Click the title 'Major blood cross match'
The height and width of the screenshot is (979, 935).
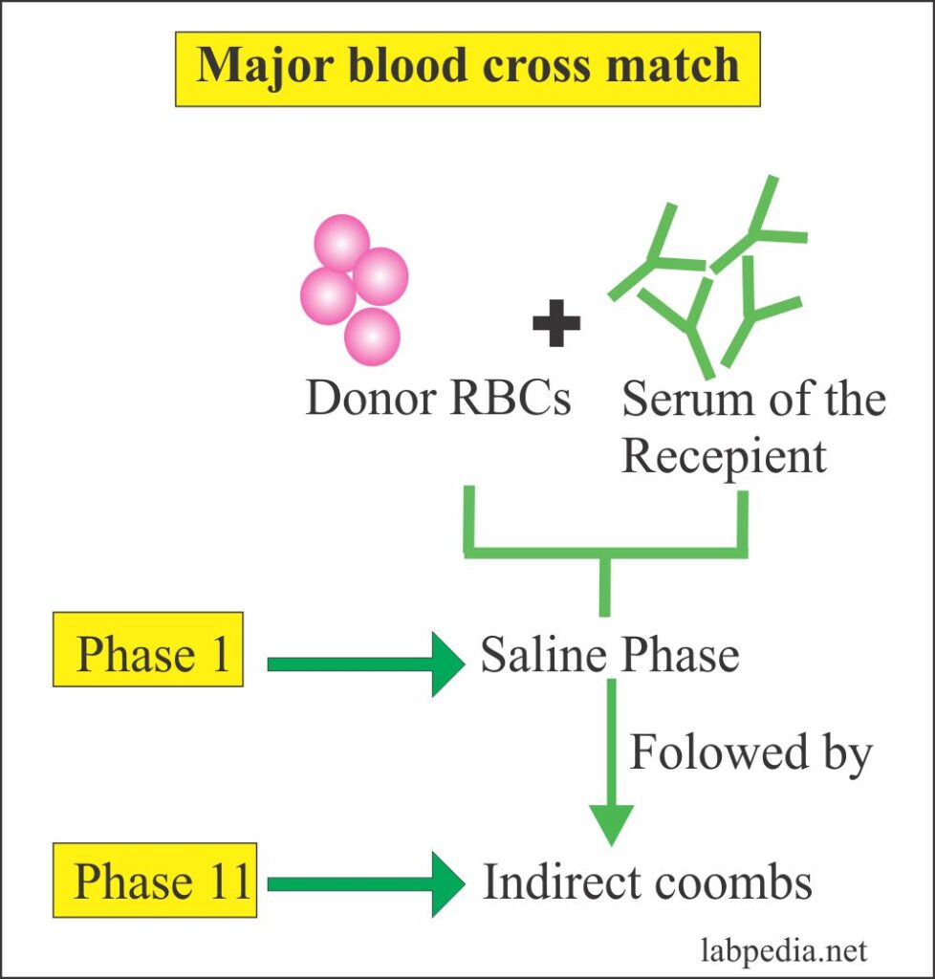(467, 65)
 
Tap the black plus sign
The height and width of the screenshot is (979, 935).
(556, 327)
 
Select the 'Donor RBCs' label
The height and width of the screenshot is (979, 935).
(438, 399)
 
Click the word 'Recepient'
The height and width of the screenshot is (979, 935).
(724, 456)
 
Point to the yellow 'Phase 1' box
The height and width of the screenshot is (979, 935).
(148, 655)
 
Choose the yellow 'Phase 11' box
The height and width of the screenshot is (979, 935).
(154, 881)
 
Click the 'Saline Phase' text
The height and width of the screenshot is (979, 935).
(609, 656)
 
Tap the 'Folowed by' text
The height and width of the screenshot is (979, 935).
(750, 752)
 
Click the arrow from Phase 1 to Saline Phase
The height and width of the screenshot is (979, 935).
(363, 664)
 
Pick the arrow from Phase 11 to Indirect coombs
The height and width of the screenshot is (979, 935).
(363, 885)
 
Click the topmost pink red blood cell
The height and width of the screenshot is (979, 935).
(341, 242)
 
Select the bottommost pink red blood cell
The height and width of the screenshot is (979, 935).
(372, 336)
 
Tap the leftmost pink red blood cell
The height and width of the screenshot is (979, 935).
(328, 295)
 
